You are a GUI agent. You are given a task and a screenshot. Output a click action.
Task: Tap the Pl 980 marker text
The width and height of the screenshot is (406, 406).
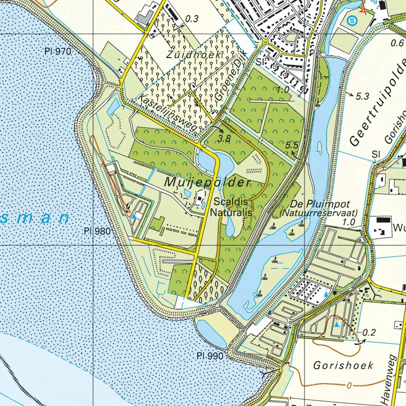(x=97, y=231)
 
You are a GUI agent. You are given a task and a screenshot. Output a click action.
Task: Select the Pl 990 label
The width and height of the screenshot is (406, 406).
(x=210, y=356)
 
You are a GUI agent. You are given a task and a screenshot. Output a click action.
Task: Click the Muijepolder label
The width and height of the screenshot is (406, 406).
(x=207, y=182)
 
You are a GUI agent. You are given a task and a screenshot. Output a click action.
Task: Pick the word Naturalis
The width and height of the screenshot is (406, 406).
(x=233, y=211)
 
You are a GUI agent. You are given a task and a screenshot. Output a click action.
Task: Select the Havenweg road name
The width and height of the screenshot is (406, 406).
(x=392, y=378)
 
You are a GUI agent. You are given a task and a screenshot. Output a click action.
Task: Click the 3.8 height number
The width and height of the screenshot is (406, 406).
(x=225, y=139)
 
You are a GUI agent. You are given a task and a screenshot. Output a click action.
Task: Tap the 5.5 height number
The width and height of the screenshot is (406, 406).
(x=291, y=145)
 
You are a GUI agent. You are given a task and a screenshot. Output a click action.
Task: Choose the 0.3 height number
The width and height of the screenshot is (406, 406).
(x=192, y=19)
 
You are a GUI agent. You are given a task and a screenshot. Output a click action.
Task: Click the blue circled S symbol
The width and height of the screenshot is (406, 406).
(x=353, y=21)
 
